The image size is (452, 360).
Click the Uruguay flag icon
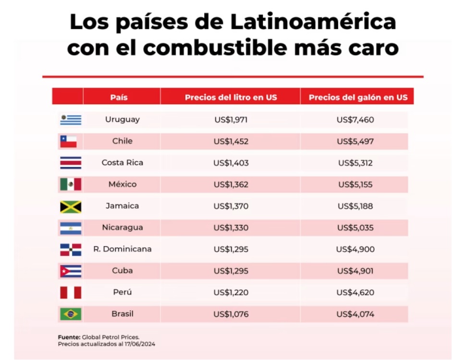coord(71,120)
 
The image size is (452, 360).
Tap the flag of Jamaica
coord(71,206)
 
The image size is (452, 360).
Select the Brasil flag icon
coord(71,314)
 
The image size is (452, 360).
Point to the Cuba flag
coord(71,271)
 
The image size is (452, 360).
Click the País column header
coord(119,97)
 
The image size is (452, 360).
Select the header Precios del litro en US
coord(231,97)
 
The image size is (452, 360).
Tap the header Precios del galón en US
coord(358,97)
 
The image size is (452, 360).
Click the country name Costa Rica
coord(122,163)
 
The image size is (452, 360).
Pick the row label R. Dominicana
coord(122,249)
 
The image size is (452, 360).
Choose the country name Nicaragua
coord(122,228)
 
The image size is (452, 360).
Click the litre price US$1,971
coord(231,120)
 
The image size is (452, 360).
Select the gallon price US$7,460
coord(355,120)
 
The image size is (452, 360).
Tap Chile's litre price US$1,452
coord(231,141)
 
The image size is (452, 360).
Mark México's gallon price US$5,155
coord(355,184)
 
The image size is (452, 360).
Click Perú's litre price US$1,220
coord(231,292)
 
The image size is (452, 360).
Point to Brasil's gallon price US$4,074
coord(355,314)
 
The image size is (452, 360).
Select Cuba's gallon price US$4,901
coord(355,271)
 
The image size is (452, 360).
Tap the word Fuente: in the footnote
coord(69,337)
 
